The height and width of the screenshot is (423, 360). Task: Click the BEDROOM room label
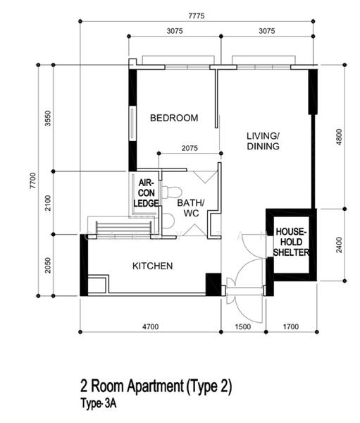[x=174, y=118]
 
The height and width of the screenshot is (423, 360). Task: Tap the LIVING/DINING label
[x=263, y=141]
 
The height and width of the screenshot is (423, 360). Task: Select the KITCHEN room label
[x=153, y=266]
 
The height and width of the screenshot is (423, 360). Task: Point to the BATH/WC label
[x=191, y=208]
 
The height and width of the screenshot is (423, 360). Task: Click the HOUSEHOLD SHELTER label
[x=291, y=242]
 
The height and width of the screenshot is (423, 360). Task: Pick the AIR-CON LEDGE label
[x=146, y=193]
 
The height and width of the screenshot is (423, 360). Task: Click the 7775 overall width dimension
[x=197, y=16]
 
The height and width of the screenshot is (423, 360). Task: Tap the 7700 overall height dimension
[x=32, y=180]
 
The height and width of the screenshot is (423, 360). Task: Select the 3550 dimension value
[x=48, y=118]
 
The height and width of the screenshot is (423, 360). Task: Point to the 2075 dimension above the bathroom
[x=190, y=148]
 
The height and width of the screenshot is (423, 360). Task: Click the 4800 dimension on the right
[x=340, y=137]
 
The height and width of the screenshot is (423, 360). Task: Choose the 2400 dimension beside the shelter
[x=340, y=245]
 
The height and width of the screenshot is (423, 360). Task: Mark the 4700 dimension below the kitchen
[x=151, y=326]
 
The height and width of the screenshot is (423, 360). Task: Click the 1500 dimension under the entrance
[x=242, y=326]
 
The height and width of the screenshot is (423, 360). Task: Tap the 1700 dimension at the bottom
[x=291, y=326]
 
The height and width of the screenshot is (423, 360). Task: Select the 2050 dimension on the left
[x=48, y=266]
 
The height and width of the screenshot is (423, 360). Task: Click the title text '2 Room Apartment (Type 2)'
[x=156, y=386]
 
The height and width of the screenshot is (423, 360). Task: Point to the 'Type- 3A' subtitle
[x=99, y=404]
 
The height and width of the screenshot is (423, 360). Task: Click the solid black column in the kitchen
[x=213, y=284]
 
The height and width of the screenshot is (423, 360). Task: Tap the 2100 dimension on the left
[x=48, y=203]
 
